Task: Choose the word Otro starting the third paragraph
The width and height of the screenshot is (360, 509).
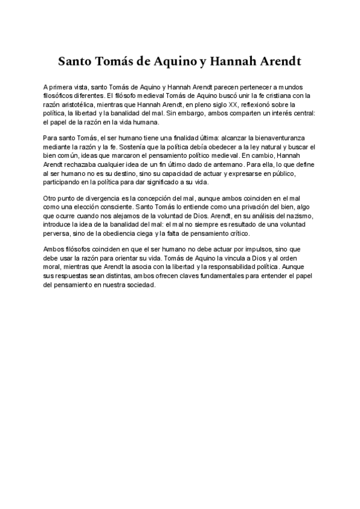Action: pyautogui.click(x=52, y=198)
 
